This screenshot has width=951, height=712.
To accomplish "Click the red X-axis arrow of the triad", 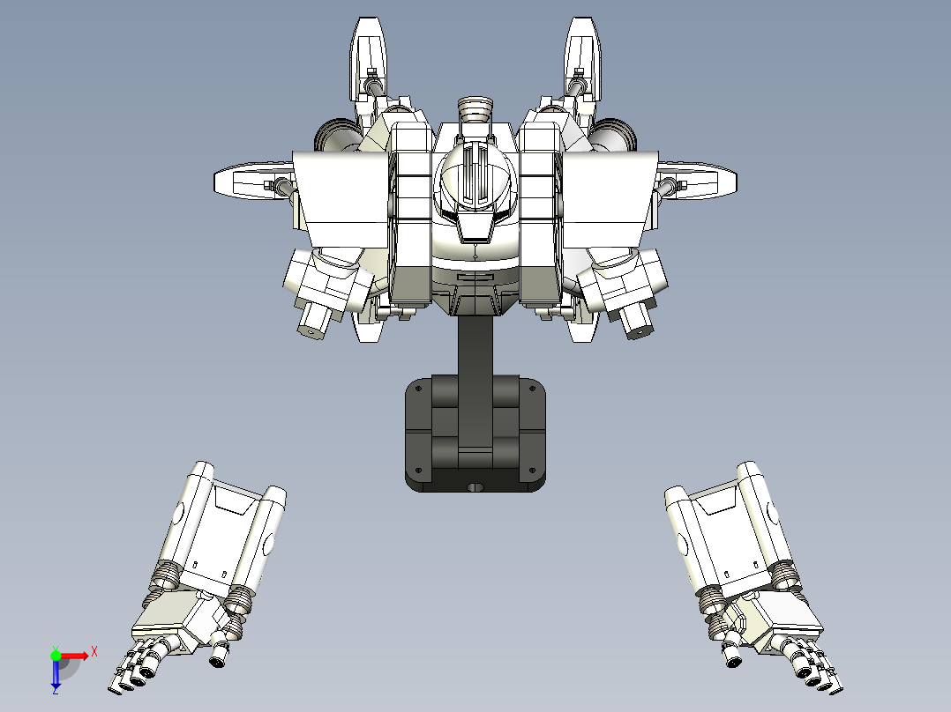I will click(x=78, y=656).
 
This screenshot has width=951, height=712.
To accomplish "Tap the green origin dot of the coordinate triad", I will click(x=56, y=656).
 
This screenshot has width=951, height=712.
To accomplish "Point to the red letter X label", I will click(x=94, y=650).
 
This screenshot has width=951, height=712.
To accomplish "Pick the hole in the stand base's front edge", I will click(x=475, y=486).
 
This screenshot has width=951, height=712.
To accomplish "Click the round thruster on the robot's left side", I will click(x=336, y=136).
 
